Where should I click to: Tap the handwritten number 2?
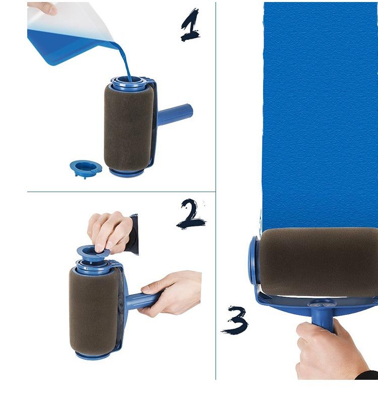point(191,214)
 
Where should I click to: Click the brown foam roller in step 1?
point(129,129)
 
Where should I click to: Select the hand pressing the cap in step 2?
point(110,233)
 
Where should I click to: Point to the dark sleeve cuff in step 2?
point(133,234)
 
